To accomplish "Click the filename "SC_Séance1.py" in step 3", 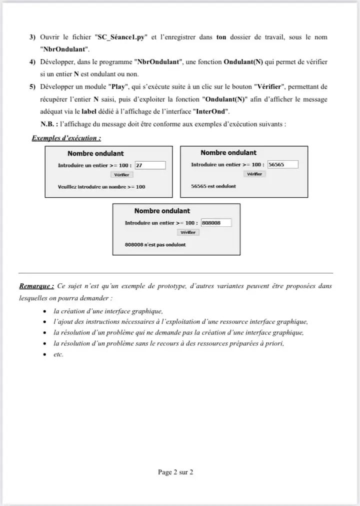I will click(x=119, y=38).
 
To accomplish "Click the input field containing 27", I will click(x=150, y=165).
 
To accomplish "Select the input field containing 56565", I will click(x=282, y=164).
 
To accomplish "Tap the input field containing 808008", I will click(x=216, y=223).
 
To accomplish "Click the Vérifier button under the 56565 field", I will click(x=254, y=174).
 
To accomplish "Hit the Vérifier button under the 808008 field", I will click(x=188, y=232).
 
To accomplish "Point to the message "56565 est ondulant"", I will click(x=213, y=186).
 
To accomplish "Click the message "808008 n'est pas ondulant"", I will click(x=155, y=245).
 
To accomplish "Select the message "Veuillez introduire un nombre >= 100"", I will click(x=101, y=187).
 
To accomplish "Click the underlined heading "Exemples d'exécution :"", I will click(x=66, y=138).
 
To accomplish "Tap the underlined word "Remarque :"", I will click(x=36, y=286).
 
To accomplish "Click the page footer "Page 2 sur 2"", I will click(x=175, y=472).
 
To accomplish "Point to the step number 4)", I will click(x=32, y=62).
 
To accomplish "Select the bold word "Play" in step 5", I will click(x=116, y=87).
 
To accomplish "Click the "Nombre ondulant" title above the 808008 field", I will click(x=162, y=211).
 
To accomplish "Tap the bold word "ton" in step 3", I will click(x=221, y=38).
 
